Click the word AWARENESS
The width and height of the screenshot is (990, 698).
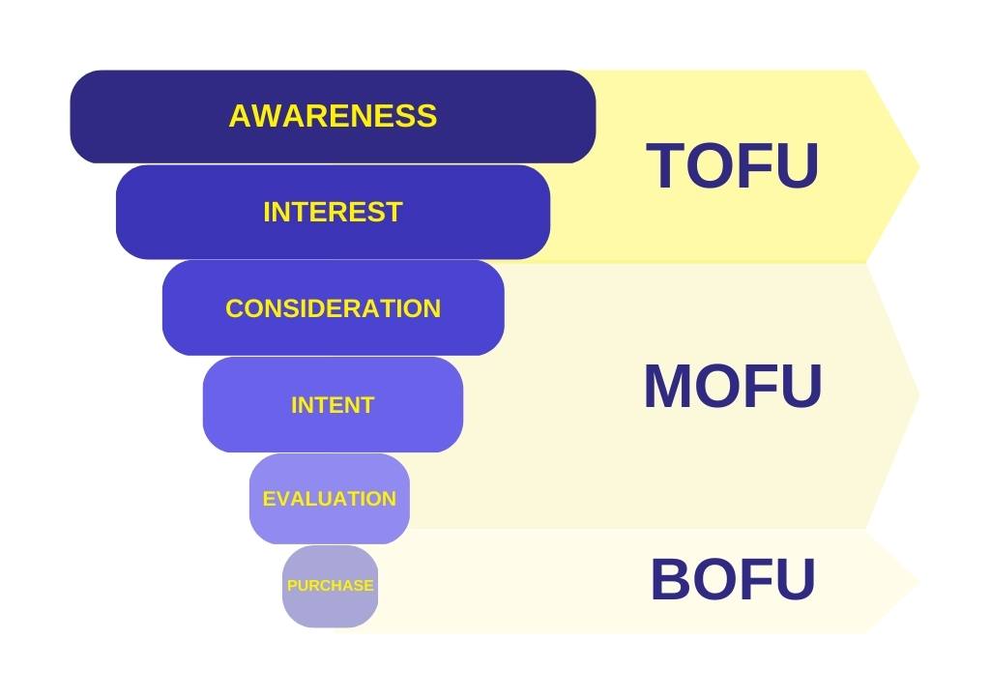click(x=333, y=115)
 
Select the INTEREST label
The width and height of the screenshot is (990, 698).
click(x=333, y=212)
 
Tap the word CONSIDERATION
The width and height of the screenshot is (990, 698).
click(x=333, y=308)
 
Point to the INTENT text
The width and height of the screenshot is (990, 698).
click(x=333, y=404)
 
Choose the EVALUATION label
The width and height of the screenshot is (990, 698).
click(x=330, y=499)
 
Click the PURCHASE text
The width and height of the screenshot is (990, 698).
click(x=331, y=586)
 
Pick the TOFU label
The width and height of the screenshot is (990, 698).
click(x=733, y=165)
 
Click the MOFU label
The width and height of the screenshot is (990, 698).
click(x=733, y=386)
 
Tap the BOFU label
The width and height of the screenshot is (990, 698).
click(x=733, y=579)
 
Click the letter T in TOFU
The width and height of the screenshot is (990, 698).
click(x=665, y=165)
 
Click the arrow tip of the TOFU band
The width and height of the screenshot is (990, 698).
click(x=918, y=166)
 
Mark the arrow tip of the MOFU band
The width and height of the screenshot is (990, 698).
click(x=918, y=395)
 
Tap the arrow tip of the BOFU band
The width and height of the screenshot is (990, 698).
click(x=918, y=581)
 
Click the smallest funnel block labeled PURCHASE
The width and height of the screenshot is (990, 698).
click(x=331, y=586)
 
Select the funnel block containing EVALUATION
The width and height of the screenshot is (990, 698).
click(x=330, y=499)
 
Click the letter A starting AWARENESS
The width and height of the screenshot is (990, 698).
click(x=241, y=115)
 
